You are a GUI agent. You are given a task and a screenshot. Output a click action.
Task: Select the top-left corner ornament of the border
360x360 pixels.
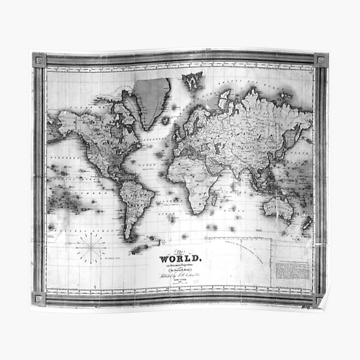(x=40, y=60)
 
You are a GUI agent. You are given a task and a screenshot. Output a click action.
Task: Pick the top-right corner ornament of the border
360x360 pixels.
(x=320, y=61)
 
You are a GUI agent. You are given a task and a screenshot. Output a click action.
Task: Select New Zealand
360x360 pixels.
(x=307, y=223)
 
